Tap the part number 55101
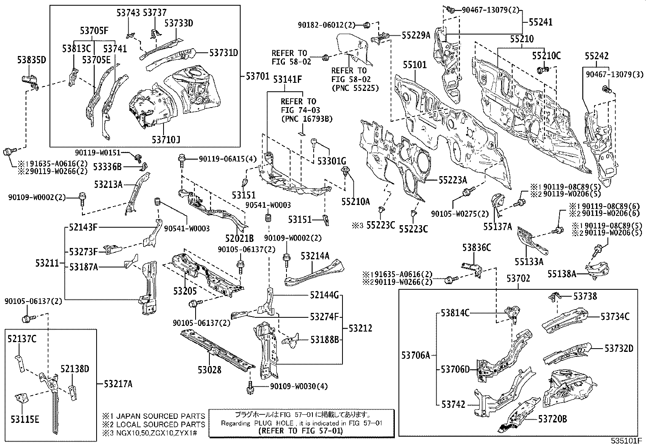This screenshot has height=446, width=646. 415,65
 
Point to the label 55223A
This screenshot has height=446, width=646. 453,180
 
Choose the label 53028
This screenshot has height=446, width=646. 209,370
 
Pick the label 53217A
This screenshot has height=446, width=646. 118,383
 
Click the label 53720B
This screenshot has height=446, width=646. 552,419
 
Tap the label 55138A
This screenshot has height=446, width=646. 562,274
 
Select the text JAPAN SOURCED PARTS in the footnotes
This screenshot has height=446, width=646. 161,416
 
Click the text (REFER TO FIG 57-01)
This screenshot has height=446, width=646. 300,431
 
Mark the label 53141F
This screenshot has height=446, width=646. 287,80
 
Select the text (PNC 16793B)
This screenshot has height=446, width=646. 306,119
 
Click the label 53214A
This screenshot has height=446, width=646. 315,255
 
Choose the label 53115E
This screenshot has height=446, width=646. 25,419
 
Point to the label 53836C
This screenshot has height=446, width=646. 477,247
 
